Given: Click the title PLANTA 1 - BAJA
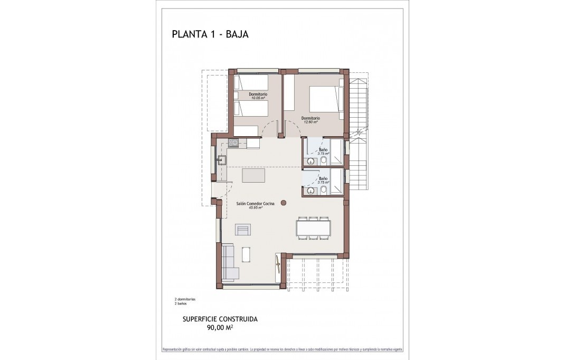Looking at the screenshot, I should tap(210, 35).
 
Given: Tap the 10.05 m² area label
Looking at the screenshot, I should tap(258, 98).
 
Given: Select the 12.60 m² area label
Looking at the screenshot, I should tap(310, 122).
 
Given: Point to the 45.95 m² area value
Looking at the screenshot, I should tap(256, 207).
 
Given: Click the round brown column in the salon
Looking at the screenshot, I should tap(284, 202).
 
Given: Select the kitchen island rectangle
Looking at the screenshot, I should tap(253, 175).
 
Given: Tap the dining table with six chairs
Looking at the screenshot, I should tap(313, 228).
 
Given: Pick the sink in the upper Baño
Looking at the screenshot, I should tap(311, 161).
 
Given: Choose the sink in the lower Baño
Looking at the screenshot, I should tap(311, 191).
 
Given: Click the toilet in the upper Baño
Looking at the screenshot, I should tap(324, 160).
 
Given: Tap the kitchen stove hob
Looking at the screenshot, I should tap(233, 143).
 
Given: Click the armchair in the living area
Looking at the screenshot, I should tap(243, 230).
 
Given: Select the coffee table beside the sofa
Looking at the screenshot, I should tap(246, 254).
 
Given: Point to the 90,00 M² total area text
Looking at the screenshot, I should tap(220, 327).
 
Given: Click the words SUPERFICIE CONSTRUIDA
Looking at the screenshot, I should tap(220, 319).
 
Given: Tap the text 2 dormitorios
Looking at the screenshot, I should tap(185, 299).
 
